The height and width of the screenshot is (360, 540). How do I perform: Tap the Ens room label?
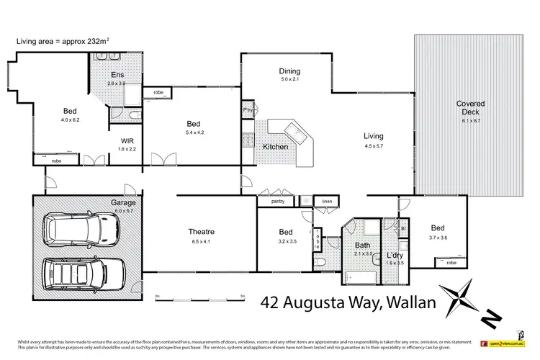pos(117,74)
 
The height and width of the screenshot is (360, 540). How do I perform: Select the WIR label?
pos(126,140)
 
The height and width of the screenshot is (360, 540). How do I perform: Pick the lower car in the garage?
pos(81,274)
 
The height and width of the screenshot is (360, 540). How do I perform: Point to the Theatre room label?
pos(202,231)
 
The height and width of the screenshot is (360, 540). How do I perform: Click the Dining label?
pos(289,71)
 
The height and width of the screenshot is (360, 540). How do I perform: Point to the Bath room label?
pos(362,246)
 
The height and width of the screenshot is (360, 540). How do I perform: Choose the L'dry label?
pos(394,256)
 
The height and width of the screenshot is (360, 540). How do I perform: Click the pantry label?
pos(278,202)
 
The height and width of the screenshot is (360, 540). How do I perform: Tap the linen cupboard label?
pos(327,202)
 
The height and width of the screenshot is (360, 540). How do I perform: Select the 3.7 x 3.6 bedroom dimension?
pos(439,238)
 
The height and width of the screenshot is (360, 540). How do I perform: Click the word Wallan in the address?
pos(406,302)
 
